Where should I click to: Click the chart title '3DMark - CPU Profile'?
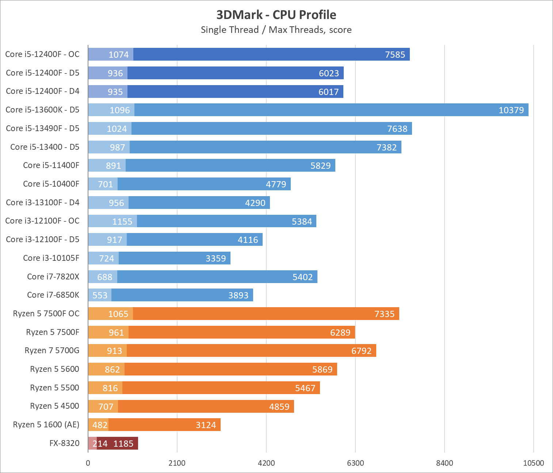click(x=276, y=15)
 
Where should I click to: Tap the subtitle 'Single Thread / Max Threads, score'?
click(x=276, y=30)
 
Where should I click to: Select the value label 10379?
click(x=511, y=110)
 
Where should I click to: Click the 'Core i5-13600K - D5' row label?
click(x=42, y=110)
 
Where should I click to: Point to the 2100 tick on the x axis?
click(x=177, y=463)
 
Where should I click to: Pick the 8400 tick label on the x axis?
click(x=445, y=463)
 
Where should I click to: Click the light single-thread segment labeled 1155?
click(x=112, y=221)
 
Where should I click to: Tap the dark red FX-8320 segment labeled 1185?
click(x=118, y=443)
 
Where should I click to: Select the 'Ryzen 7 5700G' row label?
click(x=52, y=350)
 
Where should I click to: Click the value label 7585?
click(x=395, y=54)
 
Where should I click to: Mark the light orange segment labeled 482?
click(x=98, y=425)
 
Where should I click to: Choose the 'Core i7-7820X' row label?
click(x=53, y=276)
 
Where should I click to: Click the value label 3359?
click(x=216, y=258)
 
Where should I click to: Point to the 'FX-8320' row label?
click(x=64, y=443)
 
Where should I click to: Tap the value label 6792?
click(x=361, y=351)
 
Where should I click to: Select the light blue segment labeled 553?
click(x=100, y=295)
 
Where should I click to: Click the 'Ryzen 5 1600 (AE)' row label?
click(x=46, y=424)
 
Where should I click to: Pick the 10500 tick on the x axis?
click(x=533, y=463)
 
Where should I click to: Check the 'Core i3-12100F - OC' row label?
click(x=42, y=221)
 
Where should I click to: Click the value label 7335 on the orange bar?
click(x=384, y=314)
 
